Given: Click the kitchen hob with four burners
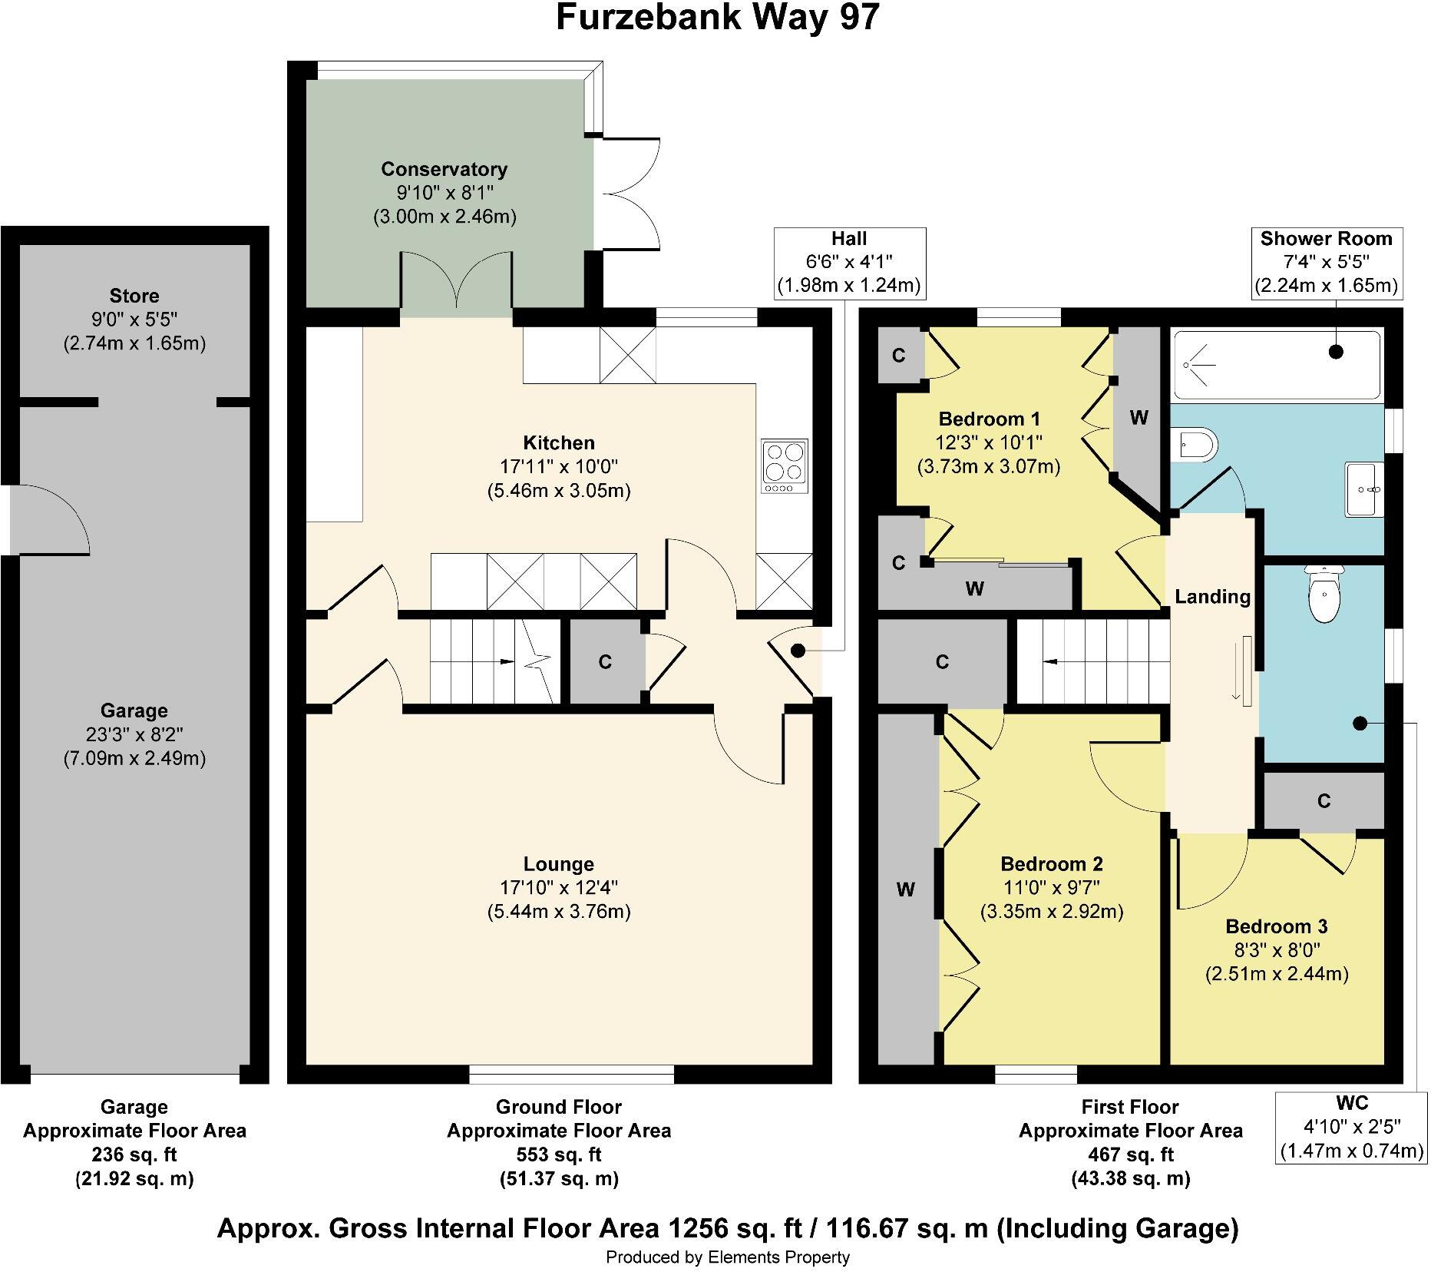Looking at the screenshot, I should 785,466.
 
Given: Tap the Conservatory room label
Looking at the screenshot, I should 444,169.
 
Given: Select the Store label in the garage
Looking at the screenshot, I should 134,296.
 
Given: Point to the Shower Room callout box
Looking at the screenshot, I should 1326,263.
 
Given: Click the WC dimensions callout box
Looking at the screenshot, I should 1351,1127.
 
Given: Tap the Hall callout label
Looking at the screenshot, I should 848,263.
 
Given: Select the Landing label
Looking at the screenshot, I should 1212,597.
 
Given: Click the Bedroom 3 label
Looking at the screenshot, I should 1276,926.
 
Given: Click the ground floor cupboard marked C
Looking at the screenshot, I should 605,662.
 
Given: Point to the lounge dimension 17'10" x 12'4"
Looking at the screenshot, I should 558,888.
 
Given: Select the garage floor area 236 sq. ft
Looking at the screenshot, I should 134,1154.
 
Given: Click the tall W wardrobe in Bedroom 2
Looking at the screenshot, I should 907,889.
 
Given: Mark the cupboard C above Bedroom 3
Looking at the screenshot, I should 1324,801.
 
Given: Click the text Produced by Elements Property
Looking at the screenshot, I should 727,1257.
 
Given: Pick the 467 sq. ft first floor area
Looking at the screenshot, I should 1130,1154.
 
